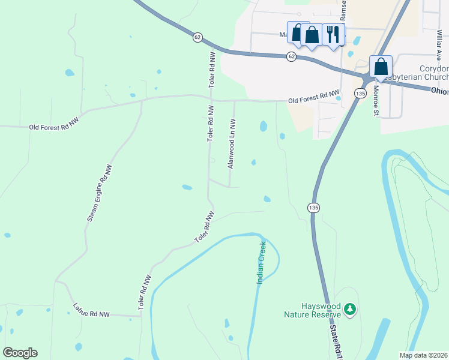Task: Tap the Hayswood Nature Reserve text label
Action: [313, 310]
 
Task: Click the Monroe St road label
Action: [375, 100]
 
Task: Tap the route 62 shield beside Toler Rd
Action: [197, 37]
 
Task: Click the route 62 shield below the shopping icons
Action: [291, 56]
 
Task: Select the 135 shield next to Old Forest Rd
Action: [360, 94]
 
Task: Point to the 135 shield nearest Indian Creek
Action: [313, 207]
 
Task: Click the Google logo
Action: [20, 353]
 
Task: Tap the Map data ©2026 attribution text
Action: [423, 355]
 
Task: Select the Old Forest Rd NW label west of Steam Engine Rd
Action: [54, 124]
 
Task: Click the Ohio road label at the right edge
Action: [439, 91]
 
